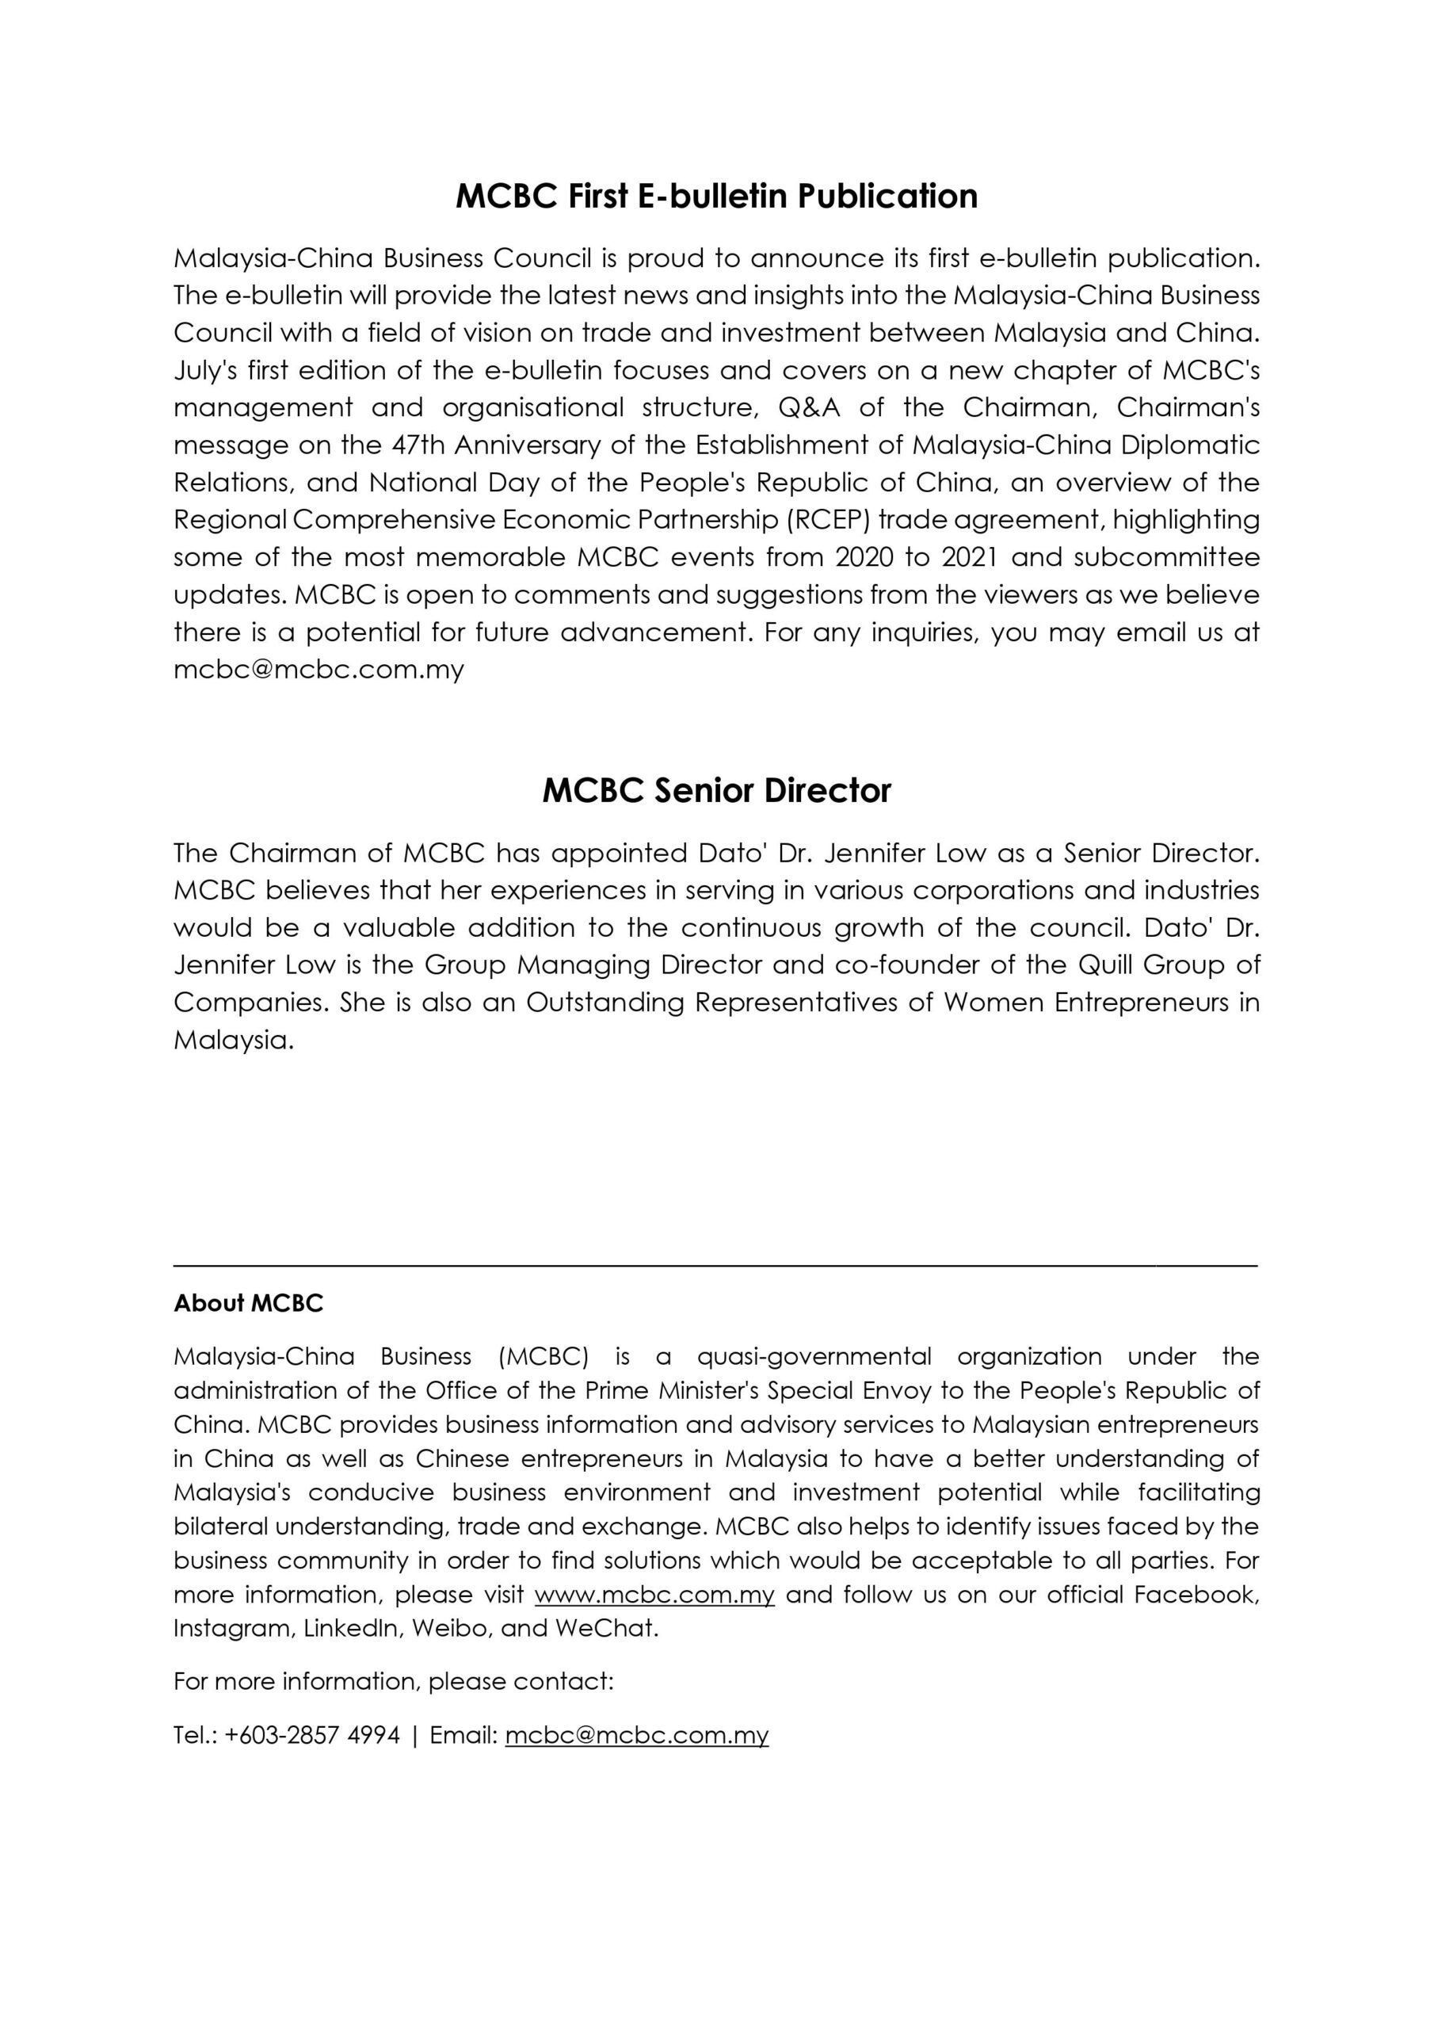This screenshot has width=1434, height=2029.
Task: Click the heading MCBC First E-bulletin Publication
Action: tap(716, 197)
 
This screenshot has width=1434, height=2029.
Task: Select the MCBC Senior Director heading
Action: tap(716, 790)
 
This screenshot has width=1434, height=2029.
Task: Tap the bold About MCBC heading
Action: tap(248, 1304)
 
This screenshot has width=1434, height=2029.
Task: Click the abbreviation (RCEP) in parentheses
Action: tap(830, 520)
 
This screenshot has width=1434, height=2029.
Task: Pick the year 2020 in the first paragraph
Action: tap(865, 558)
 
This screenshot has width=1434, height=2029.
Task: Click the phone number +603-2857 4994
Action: tap(312, 1736)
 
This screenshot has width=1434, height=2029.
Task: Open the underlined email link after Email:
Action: tap(637, 1736)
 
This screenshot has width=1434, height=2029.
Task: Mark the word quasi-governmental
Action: tap(814, 1356)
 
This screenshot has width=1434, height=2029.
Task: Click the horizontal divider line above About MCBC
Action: tap(716, 1267)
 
